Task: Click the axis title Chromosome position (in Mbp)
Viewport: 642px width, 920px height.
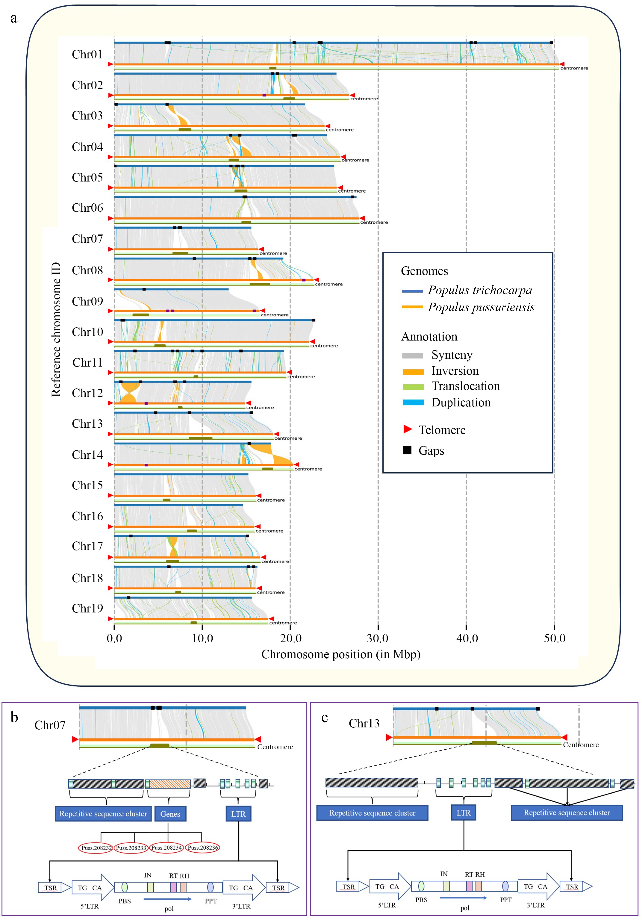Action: tap(341, 654)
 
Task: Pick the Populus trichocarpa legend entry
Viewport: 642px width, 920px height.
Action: tap(480, 290)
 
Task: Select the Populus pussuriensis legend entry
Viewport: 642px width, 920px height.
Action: tap(481, 307)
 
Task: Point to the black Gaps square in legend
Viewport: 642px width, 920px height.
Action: tap(407, 450)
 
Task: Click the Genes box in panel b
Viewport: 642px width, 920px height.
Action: tap(170, 814)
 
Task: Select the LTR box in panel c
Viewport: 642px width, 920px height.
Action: tap(464, 813)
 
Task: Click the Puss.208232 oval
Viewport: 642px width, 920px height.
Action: tap(96, 848)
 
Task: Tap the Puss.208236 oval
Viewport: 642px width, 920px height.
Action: tap(203, 848)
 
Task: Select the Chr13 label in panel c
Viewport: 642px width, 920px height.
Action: tap(364, 723)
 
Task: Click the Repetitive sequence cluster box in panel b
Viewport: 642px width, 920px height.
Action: tap(103, 814)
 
